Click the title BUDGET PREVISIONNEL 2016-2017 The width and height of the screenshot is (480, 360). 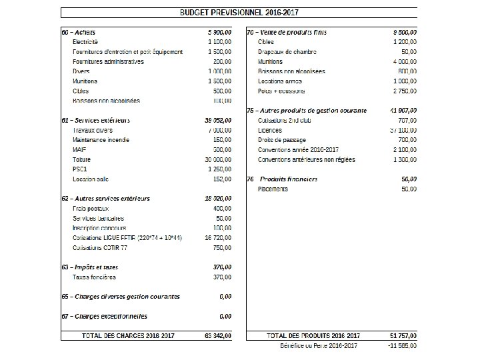pos(239,13)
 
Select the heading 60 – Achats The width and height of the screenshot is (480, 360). pos(78,32)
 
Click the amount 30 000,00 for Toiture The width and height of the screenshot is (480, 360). pos(218,160)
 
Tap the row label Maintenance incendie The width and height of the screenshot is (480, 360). pos(101,140)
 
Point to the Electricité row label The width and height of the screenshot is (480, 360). pos(85,42)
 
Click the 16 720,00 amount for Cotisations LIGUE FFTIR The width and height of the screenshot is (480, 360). pos(218,238)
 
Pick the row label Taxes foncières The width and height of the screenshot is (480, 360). pos(94,277)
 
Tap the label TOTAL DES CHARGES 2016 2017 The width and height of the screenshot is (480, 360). pos(127,336)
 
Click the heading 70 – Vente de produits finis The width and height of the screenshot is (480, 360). pos(286,32)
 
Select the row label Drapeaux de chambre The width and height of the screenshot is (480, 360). pos(287,52)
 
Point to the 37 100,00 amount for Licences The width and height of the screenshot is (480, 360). pos(403,131)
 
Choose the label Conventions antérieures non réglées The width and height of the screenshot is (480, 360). pos(307,160)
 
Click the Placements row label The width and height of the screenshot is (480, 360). pos(273,189)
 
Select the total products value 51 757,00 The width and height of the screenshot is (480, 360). pos(403,336)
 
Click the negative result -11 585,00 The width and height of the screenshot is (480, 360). pos(403,346)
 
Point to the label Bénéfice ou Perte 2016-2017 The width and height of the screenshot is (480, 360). pos(319,346)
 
